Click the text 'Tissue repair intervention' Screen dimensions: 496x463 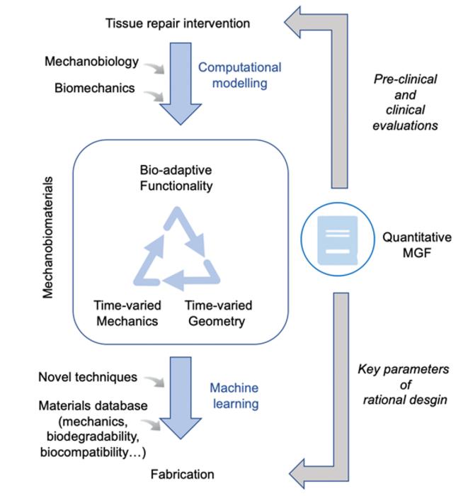point(178,23)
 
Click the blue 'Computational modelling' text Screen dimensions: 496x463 point(239,75)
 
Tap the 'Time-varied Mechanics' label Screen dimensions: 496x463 point(127,313)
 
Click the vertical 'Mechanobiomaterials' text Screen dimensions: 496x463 point(48,244)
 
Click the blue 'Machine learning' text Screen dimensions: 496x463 point(234,395)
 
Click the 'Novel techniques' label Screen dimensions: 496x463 point(88,377)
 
